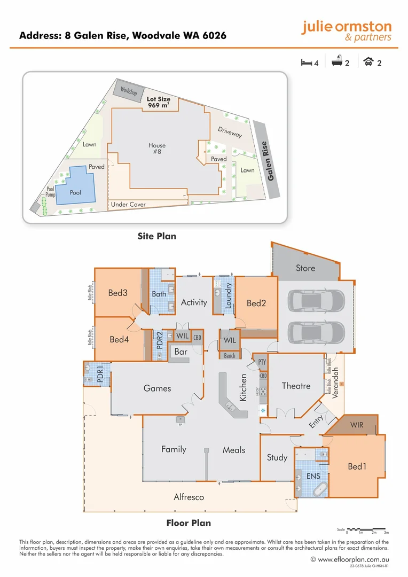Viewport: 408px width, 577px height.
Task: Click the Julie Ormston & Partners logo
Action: point(346,31)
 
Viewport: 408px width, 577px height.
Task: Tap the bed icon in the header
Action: point(307,63)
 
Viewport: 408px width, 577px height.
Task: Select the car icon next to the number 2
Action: point(368,63)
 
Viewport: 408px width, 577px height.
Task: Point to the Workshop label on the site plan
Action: point(129,91)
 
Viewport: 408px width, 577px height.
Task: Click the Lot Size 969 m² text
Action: point(159,102)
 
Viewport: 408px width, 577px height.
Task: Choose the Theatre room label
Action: point(296,386)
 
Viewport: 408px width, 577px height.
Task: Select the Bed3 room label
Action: point(117,293)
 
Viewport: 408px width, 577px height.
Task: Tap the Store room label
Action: point(305,268)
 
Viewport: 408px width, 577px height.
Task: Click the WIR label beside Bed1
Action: point(357,425)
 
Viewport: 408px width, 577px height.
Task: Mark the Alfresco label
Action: point(189,497)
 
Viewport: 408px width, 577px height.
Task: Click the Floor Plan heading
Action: point(189,523)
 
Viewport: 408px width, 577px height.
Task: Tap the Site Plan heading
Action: point(156,236)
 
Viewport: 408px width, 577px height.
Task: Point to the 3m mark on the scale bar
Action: point(386,533)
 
